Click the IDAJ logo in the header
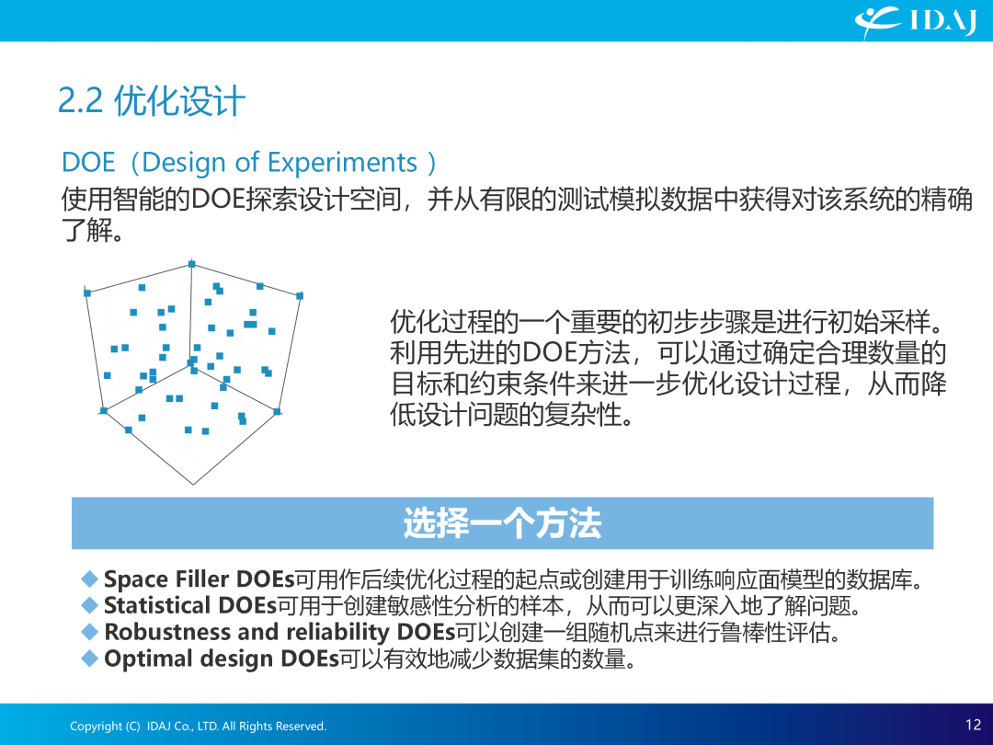[915, 21]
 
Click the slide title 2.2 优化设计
[152, 101]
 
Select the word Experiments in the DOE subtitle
[342, 163]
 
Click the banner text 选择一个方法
[502, 523]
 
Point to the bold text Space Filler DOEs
[200, 579]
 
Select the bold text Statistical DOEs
[190, 605]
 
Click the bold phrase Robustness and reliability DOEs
[280, 632]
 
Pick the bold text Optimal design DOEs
[222, 659]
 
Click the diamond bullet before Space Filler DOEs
[90, 579]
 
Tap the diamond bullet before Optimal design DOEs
[90, 659]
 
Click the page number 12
[974, 725]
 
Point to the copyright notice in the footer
[199, 726]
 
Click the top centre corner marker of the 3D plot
[192, 264]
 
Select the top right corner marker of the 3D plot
[300, 296]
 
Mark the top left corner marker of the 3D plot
[87, 292]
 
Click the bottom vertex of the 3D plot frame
[193, 485]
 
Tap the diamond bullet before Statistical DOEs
[90, 605]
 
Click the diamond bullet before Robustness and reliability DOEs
[90, 632]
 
